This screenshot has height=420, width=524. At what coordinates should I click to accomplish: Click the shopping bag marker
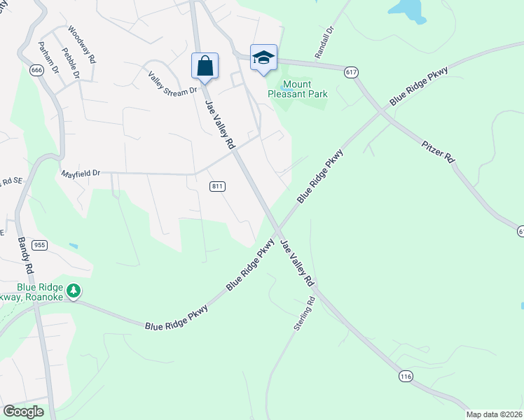(205, 66)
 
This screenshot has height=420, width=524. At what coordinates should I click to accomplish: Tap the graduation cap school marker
(263, 58)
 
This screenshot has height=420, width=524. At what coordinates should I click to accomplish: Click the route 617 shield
(352, 72)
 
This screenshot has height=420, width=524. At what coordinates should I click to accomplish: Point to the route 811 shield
(217, 186)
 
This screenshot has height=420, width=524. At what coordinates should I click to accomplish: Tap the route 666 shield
(37, 70)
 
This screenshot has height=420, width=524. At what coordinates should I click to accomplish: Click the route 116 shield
(406, 377)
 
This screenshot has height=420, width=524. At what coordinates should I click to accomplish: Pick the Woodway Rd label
(81, 45)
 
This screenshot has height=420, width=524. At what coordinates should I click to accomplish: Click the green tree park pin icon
(74, 290)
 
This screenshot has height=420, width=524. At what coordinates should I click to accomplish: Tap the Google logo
(23, 412)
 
